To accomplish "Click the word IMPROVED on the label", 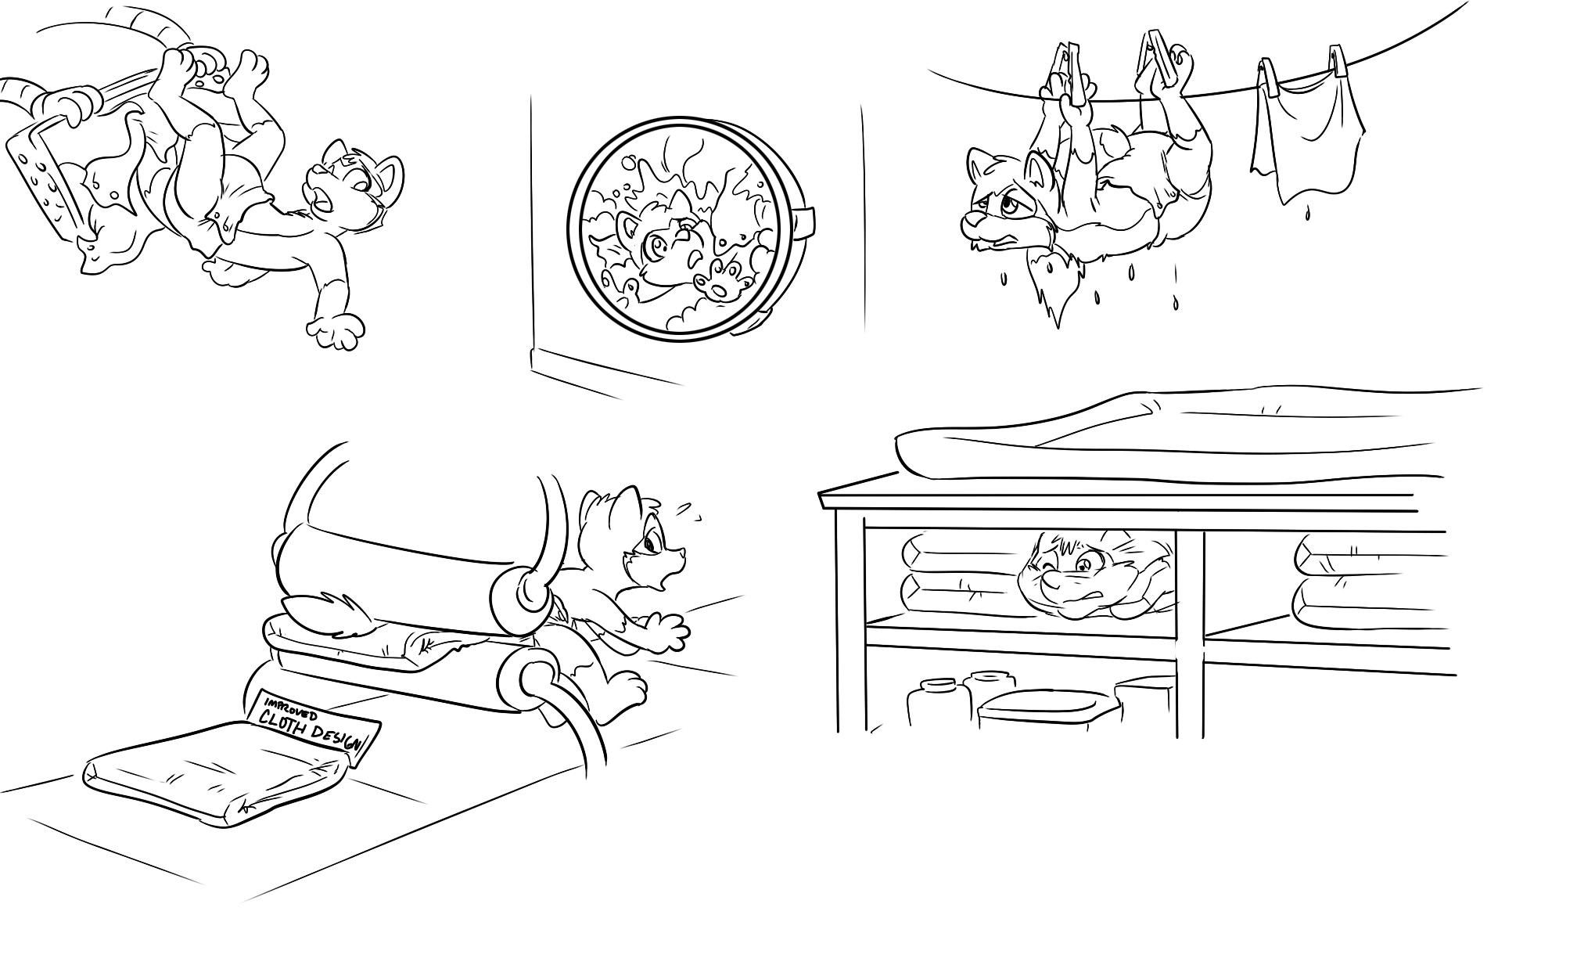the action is pyautogui.click(x=292, y=704).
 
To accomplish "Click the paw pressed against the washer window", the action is pyautogui.click(x=720, y=280).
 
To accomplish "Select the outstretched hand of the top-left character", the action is pyautogui.click(x=337, y=330).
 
